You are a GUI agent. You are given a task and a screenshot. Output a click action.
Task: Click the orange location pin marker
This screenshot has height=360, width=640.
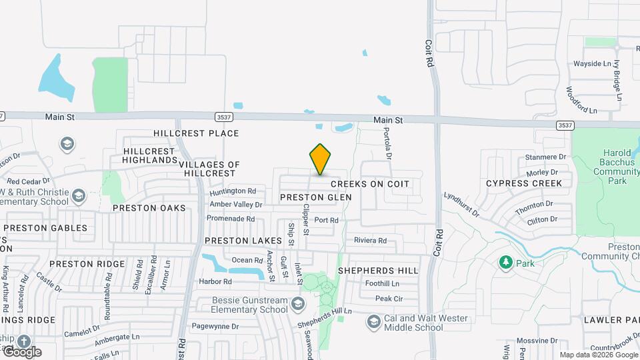point(321,159)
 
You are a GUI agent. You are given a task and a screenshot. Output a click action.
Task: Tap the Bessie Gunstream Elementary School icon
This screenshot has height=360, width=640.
point(297,305)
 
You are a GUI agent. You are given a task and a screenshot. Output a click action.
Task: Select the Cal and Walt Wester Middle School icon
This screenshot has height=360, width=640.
point(373,323)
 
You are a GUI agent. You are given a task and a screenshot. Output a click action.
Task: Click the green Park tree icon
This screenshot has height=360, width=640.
point(506,263)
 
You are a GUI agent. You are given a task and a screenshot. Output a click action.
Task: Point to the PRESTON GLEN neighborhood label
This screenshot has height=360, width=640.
point(315,197)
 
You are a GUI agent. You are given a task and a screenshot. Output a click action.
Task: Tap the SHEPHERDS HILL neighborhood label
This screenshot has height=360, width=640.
point(378,271)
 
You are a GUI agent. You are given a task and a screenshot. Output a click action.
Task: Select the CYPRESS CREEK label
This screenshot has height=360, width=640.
point(524,183)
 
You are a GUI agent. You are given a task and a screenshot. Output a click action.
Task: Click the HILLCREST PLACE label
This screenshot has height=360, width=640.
point(196,133)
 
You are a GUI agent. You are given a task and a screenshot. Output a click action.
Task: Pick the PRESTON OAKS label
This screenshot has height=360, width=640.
point(149,208)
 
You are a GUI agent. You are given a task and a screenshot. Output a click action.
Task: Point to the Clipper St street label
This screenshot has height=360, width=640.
point(306,219)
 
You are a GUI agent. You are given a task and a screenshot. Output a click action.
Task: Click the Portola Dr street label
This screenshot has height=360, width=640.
point(386,143)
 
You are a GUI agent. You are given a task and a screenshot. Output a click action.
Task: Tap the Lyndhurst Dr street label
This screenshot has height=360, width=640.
point(462,205)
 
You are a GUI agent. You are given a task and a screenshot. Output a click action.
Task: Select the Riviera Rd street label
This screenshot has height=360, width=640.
point(371,241)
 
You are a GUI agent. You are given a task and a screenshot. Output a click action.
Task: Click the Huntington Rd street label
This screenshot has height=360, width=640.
point(233,191)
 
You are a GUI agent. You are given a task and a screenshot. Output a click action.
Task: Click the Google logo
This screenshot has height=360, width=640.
point(22,351)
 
